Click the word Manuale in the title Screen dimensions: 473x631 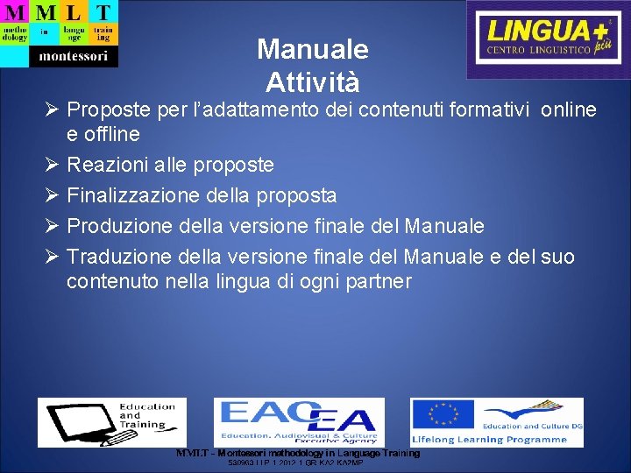313,49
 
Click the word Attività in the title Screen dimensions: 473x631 313,83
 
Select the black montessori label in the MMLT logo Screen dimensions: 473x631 73,56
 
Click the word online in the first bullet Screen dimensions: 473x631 569,109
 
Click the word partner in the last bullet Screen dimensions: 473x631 379,282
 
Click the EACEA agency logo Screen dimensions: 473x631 299,421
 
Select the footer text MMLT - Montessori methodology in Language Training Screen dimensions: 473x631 298,453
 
